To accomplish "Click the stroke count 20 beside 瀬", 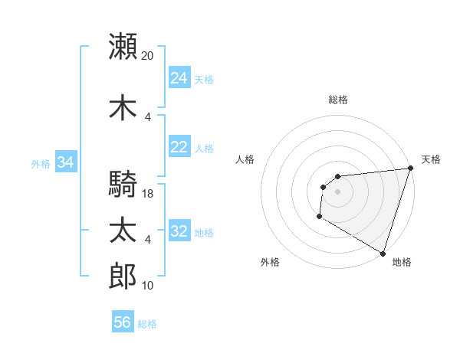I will click(x=148, y=56).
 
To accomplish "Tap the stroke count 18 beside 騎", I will click(x=148, y=195).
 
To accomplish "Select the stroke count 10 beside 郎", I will click(x=148, y=286).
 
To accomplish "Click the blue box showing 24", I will click(x=179, y=77).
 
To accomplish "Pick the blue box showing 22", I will click(x=179, y=147).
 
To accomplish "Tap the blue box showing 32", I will click(x=179, y=231).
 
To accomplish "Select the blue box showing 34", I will click(x=66, y=162).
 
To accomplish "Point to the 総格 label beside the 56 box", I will click(x=148, y=324).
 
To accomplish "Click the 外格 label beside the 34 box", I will click(x=41, y=163).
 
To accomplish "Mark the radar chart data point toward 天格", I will click(x=410, y=169).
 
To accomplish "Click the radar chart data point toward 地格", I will click(x=382, y=253).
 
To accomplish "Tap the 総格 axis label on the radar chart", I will click(x=337, y=100).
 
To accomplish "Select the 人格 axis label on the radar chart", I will click(x=245, y=159).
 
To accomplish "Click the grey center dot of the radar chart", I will click(x=337, y=191).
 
